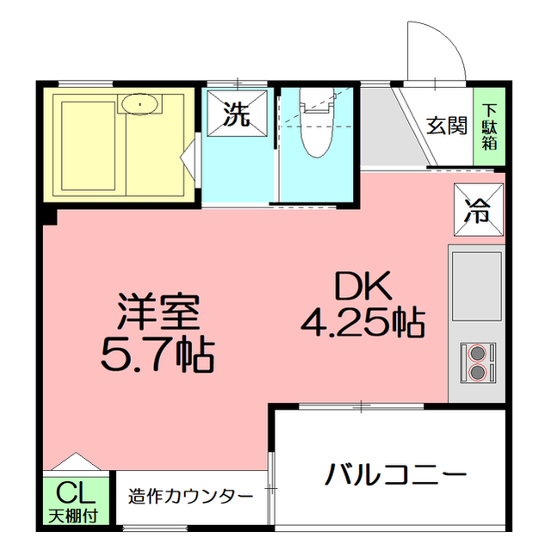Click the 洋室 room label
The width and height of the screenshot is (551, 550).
coord(158,312)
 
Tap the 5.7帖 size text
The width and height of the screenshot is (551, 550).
coord(158,355)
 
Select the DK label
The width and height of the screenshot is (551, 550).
coord(363,286)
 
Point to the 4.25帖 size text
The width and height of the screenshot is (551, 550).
coord(363,322)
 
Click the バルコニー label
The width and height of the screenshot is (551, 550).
coord(396,475)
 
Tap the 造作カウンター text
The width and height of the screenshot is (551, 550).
coord(190,497)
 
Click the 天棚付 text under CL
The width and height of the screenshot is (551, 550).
coord(73,516)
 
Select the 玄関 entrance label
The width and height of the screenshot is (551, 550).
coord(447,126)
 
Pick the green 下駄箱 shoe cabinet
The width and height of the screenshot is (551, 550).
coord(489,126)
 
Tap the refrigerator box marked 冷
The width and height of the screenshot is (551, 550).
coord(479,210)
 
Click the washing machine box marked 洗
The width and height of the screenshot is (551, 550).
coord(237,114)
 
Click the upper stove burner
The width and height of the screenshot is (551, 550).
coord(477,353)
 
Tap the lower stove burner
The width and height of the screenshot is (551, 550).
coord(477,372)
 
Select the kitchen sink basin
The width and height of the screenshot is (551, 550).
coord(476,287)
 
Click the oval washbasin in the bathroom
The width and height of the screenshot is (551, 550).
coord(139,104)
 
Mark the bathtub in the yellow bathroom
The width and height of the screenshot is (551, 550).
coord(88,145)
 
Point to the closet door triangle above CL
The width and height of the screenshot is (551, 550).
coord(76,461)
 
